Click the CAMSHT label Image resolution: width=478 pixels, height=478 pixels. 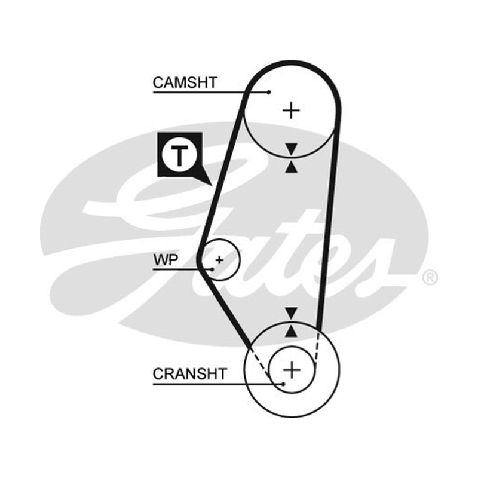tap(185, 82)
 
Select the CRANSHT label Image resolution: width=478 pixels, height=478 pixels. tap(189, 374)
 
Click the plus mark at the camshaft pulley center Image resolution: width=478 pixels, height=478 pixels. tap(292, 111)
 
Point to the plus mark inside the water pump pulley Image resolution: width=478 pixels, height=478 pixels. tap(219, 260)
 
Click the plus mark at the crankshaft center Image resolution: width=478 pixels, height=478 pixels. tap(292, 370)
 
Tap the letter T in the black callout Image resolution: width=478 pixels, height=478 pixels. tap(180, 155)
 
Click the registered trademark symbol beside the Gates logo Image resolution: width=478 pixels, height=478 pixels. tap(430, 278)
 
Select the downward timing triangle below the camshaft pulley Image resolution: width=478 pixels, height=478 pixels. tap(291, 149)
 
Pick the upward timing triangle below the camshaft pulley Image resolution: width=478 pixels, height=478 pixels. tap(291, 167)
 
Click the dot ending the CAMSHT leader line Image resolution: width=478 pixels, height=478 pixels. tap(268, 92)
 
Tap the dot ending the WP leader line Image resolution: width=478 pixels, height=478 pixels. tap(212, 269)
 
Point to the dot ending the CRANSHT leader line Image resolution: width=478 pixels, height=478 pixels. tap(283, 384)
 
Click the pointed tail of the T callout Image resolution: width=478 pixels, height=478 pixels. tap(211, 185)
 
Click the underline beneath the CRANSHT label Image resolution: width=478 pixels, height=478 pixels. tap(218, 384)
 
